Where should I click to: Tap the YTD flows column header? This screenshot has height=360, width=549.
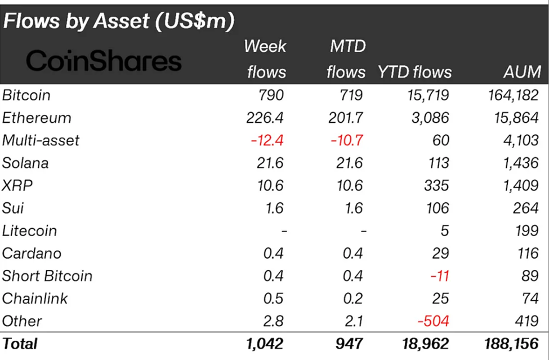(414, 72)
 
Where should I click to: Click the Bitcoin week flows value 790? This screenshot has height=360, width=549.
(271, 95)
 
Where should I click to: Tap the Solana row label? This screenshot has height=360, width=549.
(25, 163)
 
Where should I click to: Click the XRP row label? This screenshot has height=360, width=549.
(16, 185)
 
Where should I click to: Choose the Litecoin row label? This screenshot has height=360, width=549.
(30, 230)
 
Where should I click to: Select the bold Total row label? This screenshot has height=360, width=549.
(20, 343)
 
